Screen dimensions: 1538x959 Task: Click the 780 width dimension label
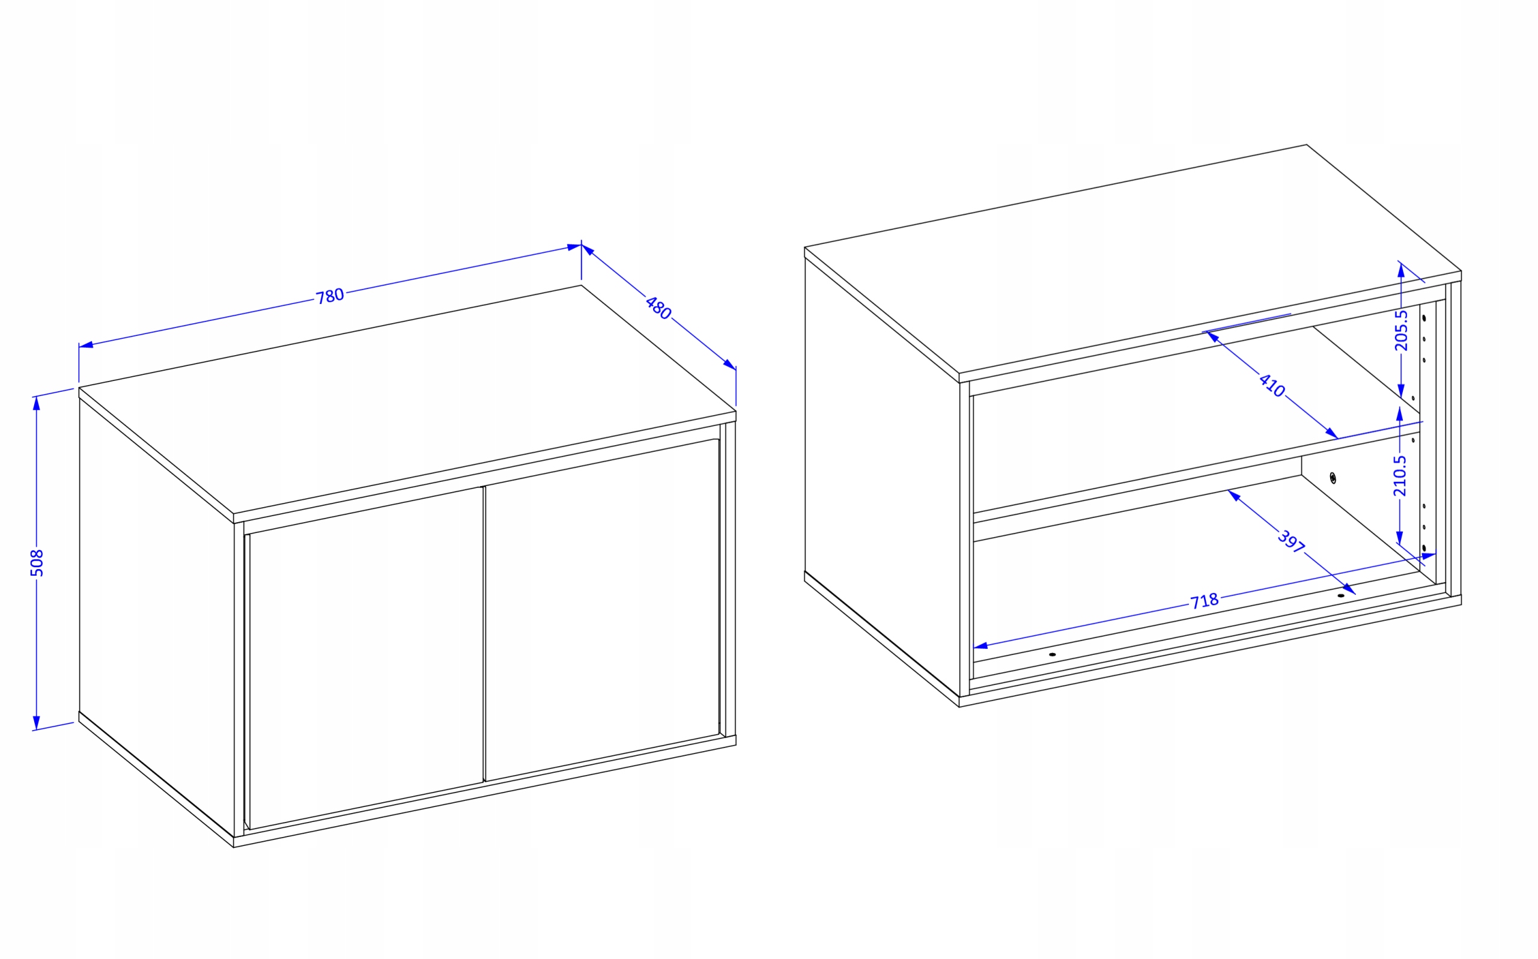(330, 296)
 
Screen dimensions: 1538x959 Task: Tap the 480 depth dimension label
(658, 308)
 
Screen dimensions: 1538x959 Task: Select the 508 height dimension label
(37, 562)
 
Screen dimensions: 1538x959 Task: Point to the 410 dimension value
(1272, 386)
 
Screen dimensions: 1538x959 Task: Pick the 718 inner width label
(1205, 601)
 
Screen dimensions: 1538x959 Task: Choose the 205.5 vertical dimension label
(1401, 330)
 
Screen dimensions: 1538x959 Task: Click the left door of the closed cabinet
(366, 659)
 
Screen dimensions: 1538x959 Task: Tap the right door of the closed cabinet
(602, 610)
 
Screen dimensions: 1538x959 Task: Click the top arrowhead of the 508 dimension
(37, 403)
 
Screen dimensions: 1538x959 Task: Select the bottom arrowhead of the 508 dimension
(37, 722)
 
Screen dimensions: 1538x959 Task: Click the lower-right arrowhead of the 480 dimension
(730, 365)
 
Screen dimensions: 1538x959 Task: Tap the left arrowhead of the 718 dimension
(980, 646)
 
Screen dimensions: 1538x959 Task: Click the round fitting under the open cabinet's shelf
(1332, 478)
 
